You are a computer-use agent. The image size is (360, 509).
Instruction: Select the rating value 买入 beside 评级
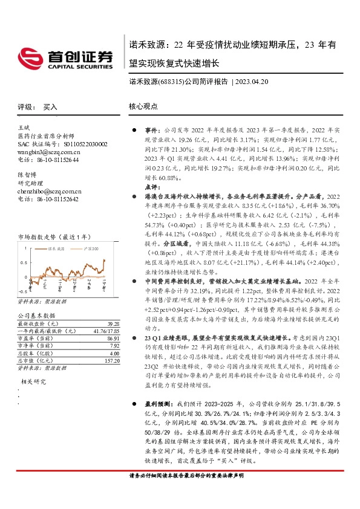pyautogui.click(x=50, y=106)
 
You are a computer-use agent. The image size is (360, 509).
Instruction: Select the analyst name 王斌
pyautogui.click(x=24, y=129)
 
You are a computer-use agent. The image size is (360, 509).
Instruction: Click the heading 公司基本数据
pyautogui.click(x=36, y=316)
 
